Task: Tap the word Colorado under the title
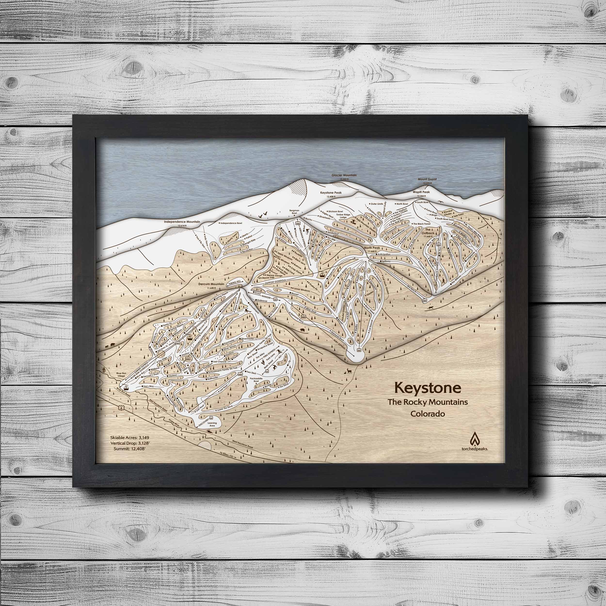(x=428, y=414)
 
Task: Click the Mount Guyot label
(x=427, y=179)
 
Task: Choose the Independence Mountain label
(x=182, y=222)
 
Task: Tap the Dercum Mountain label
(x=211, y=284)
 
